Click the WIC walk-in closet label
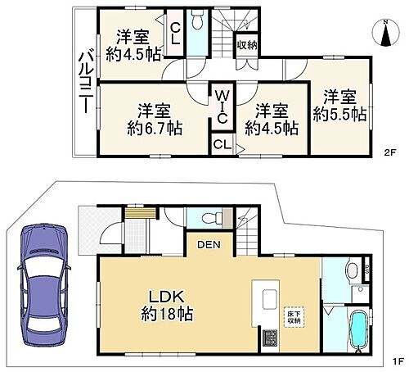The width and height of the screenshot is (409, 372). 221,107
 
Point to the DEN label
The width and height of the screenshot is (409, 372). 209,244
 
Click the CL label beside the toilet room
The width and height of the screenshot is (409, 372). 175,33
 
